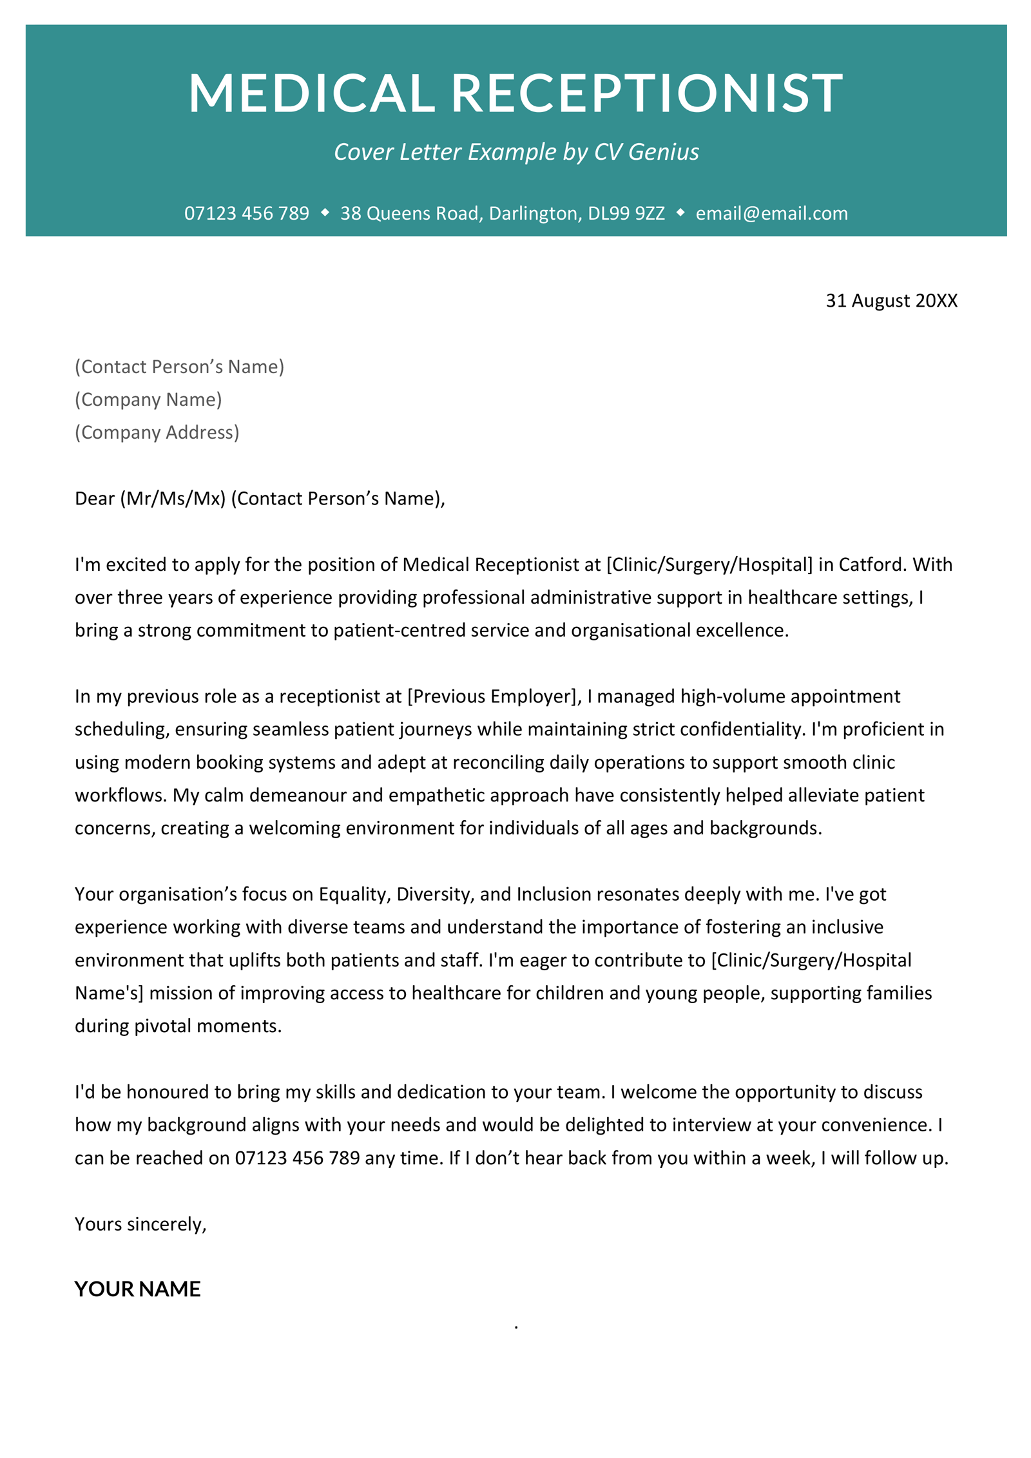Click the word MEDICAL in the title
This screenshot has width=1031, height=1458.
coord(311,93)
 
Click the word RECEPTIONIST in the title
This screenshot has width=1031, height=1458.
coord(646,93)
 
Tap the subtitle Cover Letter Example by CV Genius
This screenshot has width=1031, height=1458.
coord(515,152)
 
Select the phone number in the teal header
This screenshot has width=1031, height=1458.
coord(246,213)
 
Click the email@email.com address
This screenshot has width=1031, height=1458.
coord(771,213)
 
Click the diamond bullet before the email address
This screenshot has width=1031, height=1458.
coord(680,212)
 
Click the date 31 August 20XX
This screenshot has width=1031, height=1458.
coord(891,300)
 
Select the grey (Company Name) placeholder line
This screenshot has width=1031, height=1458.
coord(148,399)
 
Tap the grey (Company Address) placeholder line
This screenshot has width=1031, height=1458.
coord(157,432)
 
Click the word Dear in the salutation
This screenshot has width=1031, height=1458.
coord(95,499)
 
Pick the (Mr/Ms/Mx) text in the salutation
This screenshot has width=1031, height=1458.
coord(173,499)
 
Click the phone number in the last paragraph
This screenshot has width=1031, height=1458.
coord(297,1158)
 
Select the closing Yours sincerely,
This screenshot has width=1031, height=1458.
coord(140,1224)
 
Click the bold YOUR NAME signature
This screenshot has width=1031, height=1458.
coord(137,1289)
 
